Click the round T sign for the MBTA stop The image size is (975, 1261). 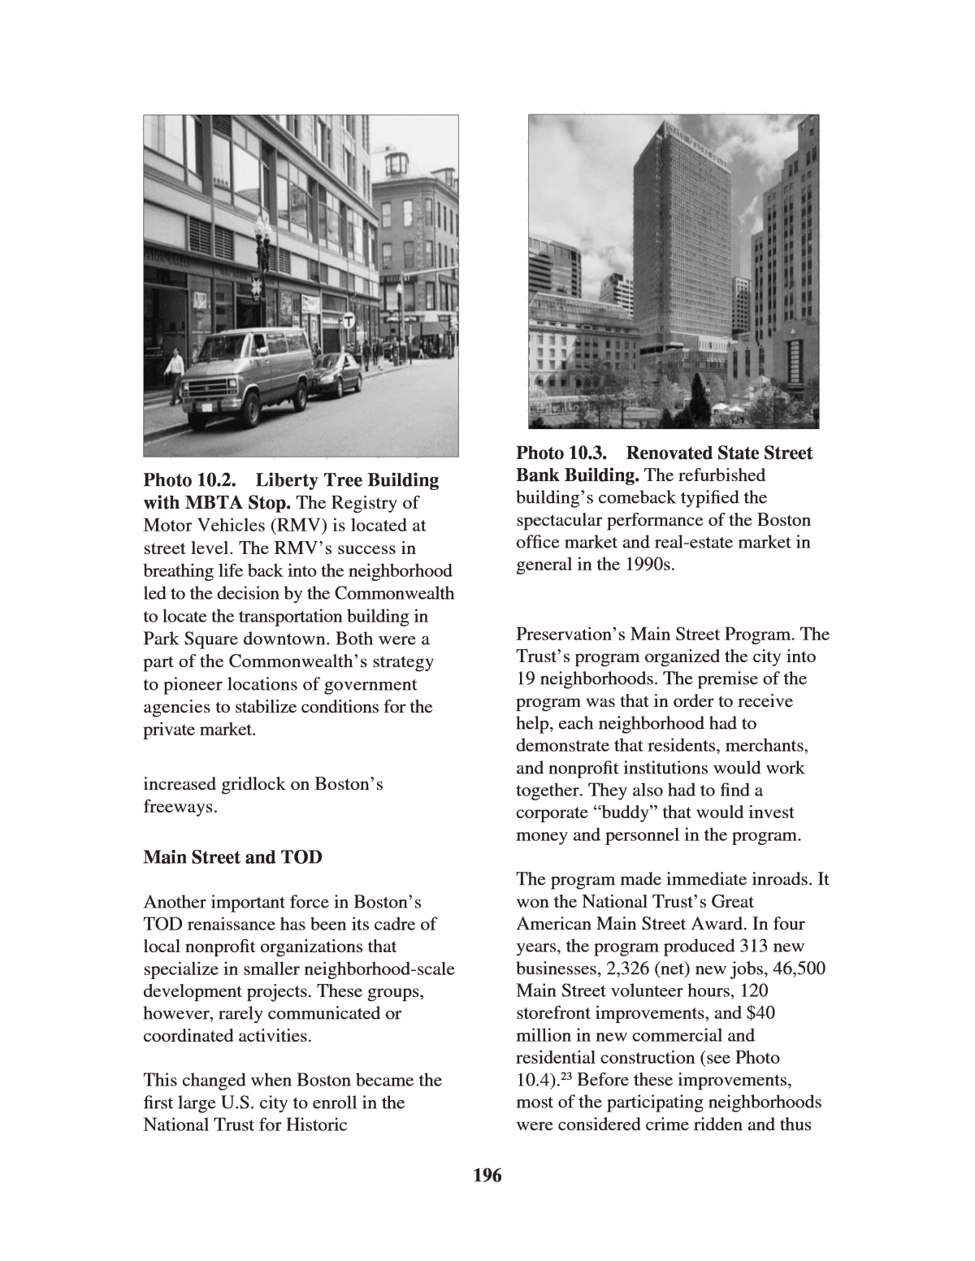tap(349, 321)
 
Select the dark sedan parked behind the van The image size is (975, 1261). tap(336, 375)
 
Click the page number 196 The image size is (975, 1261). tap(487, 1175)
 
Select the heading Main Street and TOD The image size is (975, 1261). tap(232, 857)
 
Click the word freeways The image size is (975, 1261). tap(180, 808)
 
